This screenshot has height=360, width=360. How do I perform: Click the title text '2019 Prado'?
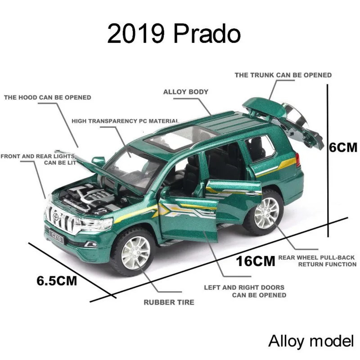coord(174,34)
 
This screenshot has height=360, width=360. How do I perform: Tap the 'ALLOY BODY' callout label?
coord(185,92)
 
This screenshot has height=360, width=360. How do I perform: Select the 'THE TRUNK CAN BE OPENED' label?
coord(283,75)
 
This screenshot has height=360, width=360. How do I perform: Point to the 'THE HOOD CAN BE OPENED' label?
coord(47,97)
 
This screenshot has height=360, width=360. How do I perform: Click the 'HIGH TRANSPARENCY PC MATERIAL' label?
coord(125,121)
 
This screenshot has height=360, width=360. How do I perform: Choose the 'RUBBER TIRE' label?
coord(169,302)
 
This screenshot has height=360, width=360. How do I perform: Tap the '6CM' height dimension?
coord(343,148)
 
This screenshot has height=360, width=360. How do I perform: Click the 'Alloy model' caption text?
coord(311,341)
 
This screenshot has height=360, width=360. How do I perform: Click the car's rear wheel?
coord(267,212)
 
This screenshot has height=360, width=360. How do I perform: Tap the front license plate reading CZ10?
coord(57,236)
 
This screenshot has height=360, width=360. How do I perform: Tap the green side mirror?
coord(98,162)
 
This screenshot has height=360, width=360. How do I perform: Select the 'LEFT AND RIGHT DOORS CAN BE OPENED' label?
coord(244,291)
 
